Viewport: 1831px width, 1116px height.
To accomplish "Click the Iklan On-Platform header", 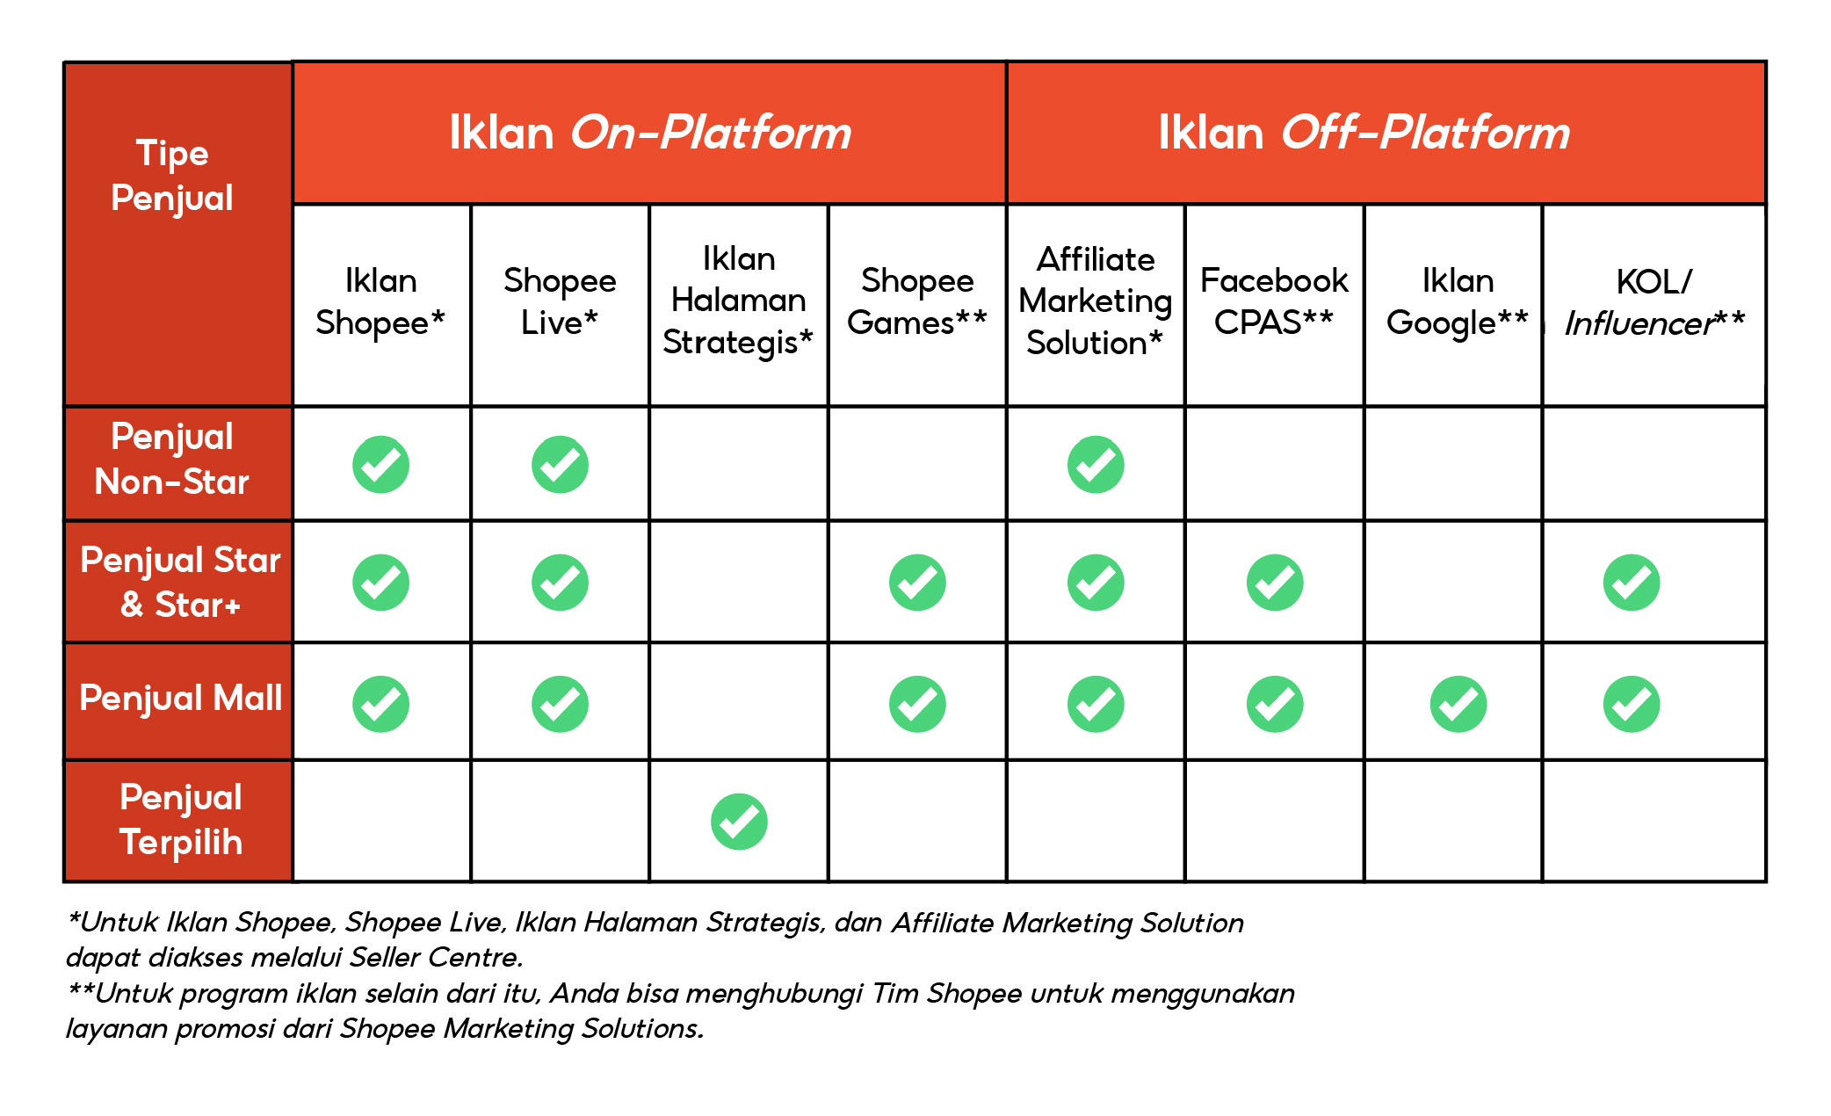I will pos(649,133).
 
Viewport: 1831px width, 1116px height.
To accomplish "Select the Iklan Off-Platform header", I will pos(1364,133).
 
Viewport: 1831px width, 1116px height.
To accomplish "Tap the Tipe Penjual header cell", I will pos(173,176).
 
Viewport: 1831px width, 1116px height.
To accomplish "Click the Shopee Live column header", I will pos(560,301).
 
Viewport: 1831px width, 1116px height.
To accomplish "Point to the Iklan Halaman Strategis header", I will pos(738,301).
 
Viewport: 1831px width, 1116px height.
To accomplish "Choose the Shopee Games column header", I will pos(916,301).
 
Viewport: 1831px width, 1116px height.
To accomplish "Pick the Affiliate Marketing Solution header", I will pos(1095,301).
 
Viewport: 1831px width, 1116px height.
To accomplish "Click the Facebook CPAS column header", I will pos(1274,301).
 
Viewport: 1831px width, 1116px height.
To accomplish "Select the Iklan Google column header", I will pos(1457,301).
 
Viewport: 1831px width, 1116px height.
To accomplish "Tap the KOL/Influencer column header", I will pos(1654,301).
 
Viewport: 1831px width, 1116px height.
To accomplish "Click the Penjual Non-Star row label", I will pos(172,460).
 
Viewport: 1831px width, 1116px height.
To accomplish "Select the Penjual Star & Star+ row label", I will pos(179,582).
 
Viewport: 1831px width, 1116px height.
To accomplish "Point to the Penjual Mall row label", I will pos(180,699).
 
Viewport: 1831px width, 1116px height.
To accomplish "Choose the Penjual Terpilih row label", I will pos(180,820).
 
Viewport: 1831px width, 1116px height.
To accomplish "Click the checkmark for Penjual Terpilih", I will pos(739,822).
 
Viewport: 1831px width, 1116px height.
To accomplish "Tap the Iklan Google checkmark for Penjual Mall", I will pos(1458,704).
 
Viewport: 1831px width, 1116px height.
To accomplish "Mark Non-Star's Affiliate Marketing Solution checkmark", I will pos(1096,465).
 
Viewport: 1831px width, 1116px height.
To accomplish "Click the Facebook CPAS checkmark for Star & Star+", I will pos(1275,583).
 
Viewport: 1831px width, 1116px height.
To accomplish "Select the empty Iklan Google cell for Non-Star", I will pos(1453,464).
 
